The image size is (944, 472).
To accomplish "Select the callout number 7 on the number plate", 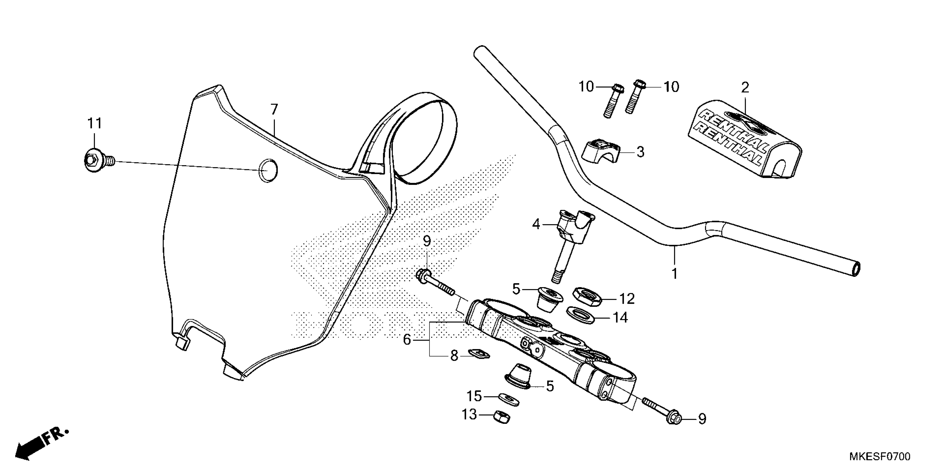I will pos(274,109).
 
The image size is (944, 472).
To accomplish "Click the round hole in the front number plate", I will pos(268,171).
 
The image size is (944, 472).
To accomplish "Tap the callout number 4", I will pos(536,224).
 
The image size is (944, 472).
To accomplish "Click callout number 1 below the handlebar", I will pos(675,274).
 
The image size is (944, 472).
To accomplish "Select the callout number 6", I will pos(407,340).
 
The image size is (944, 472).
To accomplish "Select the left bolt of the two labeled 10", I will pos(611,101).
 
